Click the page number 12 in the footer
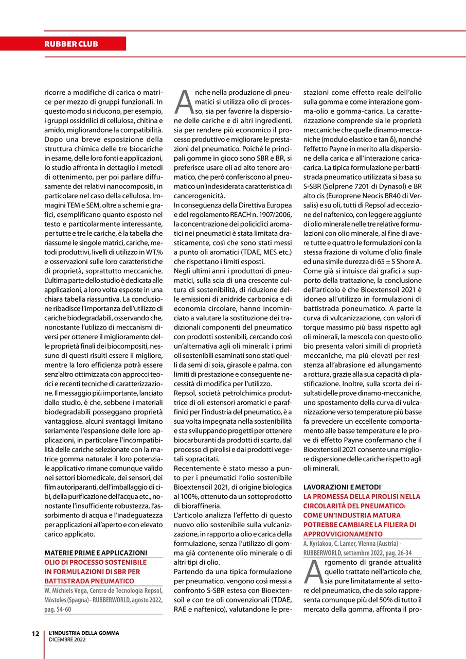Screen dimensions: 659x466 (x=34, y=633)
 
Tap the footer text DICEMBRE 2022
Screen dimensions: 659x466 (x=67, y=639)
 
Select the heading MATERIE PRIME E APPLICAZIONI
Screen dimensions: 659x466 (x=96, y=552)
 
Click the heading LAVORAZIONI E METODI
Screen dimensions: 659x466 (x=342, y=487)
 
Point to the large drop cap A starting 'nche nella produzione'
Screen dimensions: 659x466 (x=184, y=102)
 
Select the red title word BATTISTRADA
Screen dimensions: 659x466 (x=67, y=581)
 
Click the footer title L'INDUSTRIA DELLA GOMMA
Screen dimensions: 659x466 (x=84, y=633)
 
